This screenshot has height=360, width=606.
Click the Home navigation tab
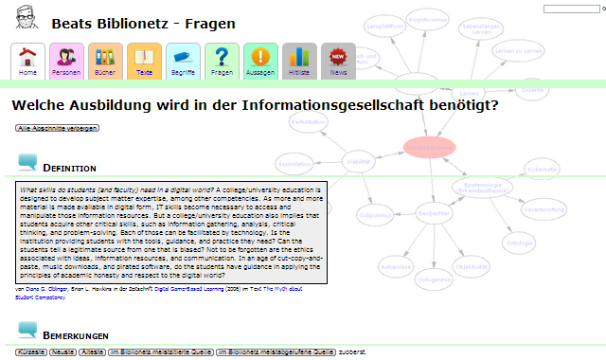[28, 61]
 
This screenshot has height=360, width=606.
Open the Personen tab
[66, 61]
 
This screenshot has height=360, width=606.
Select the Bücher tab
[105, 61]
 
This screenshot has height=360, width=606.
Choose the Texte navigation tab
[144, 61]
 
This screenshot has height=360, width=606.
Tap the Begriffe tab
[183, 61]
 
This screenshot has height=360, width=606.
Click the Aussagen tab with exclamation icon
[260, 61]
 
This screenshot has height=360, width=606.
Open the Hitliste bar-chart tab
[299, 61]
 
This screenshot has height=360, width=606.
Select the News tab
[338, 61]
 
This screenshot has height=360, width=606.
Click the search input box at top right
[573, 9]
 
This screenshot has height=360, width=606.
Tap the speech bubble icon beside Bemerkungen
[28, 332]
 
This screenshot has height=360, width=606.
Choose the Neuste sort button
[63, 352]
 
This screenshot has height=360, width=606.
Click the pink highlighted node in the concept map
[429, 147]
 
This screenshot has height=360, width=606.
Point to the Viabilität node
[359, 162]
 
